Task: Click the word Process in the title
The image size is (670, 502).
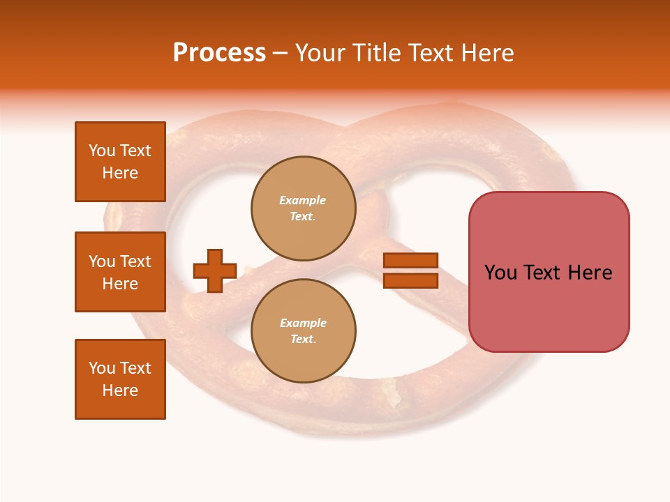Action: (x=219, y=53)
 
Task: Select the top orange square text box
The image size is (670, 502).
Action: (x=120, y=162)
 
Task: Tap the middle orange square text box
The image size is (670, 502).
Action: (x=120, y=272)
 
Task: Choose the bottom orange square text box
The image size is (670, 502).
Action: (x=120, y=379)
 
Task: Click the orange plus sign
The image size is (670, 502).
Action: (x=215, y=271)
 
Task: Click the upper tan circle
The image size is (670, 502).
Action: (x=304, y=208)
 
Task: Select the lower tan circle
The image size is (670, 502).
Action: (x=304, y=331)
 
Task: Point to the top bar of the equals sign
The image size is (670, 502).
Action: (x=411, y=260)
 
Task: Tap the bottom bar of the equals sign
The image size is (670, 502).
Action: (x=411, y=280)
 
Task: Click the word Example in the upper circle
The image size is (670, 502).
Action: (x=302, y=200)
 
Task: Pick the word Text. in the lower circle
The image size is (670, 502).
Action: (x=303, y=340)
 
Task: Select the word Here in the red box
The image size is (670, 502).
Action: (x=590, y=273)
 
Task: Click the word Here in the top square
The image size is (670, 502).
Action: (x=120, y=173)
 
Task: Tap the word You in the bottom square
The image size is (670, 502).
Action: (x=102, y=368)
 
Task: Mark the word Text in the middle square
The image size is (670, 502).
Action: (x=135, y=261)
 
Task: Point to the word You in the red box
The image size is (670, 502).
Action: (x=500, y=273)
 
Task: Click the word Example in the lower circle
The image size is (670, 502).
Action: (x=303, y=323)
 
